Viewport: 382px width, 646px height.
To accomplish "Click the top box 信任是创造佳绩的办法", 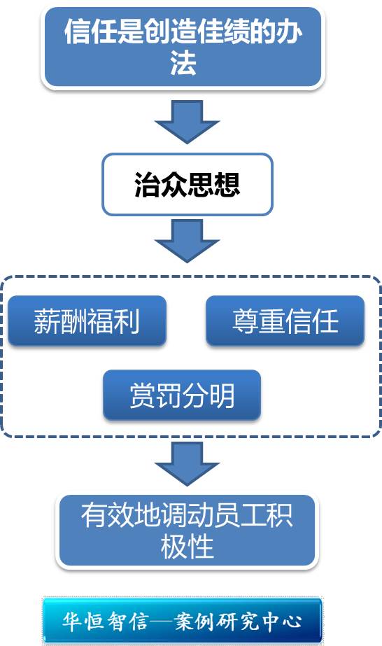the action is tap(183, 47).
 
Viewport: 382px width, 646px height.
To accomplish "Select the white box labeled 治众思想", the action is tap(188, 184).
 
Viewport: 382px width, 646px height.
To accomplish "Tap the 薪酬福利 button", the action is tap(87, 321).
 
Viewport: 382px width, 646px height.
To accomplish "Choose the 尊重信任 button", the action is tap(285, 321).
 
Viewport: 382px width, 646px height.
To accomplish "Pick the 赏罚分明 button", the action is tap(182, 395).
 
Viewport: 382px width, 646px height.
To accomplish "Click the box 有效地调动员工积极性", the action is tap(188, 531).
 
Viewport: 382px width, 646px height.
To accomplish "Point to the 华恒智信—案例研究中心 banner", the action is tap(182, 621).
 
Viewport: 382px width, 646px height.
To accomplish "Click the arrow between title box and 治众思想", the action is tap(188, 122).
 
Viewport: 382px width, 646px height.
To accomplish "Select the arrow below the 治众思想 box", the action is tap(188, 241).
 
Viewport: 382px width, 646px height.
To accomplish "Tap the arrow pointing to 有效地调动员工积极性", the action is tap(188, 463).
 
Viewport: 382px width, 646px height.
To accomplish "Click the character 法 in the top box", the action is tap(183, 63).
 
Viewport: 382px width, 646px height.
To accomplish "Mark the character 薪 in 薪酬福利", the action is tap(47, 321).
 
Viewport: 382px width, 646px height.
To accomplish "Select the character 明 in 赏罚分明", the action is tap(222, 395).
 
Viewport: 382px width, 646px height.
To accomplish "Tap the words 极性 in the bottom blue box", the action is tap(188, 547).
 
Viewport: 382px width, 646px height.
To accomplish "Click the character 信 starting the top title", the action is tap(78, 31).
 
